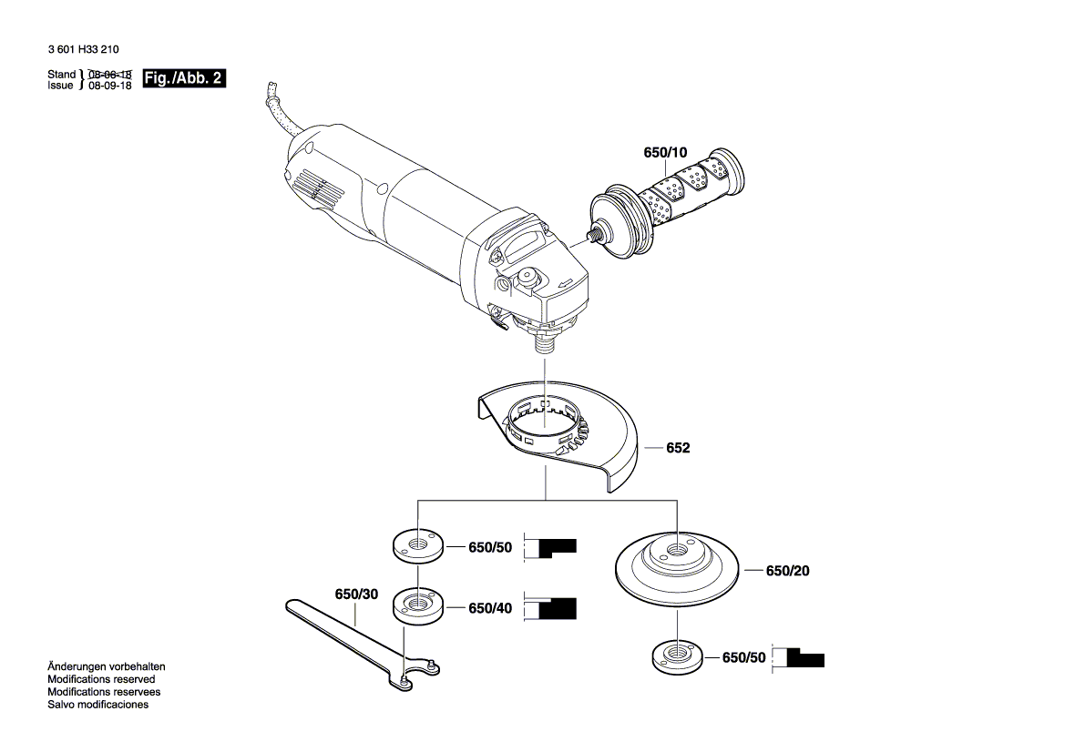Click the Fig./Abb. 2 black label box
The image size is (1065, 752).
[x=184, y=78]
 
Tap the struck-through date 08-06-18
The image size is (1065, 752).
[x=110, y=74]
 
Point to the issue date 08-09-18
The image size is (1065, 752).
[x=110, y=85]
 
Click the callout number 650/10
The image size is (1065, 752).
[x=666, y=153]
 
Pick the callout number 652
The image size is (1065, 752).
[x=678, y=448]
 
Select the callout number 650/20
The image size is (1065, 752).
[x=787, y=571]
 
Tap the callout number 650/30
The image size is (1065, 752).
[x=356, y=594]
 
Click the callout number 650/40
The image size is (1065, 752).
[x=490, y=608]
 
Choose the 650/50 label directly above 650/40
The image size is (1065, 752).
[x=490, y=548]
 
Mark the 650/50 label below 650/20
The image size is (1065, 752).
[x=744, y=657]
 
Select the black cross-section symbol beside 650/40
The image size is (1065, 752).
[x=557, y=609]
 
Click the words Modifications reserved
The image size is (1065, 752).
[x=101, y=679]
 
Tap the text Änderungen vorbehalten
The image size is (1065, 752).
[x=107, y=666]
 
